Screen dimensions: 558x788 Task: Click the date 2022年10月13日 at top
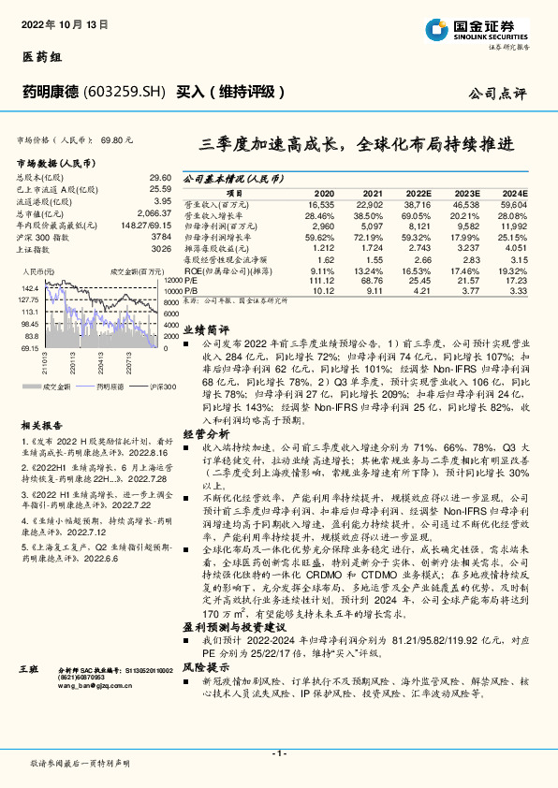pyautogui.click(x=58, y=22)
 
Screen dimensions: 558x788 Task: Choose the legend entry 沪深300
pyautogui.click(x=161, y=386)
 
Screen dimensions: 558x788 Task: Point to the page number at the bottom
pyautogui.click(x=278, y=753)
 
